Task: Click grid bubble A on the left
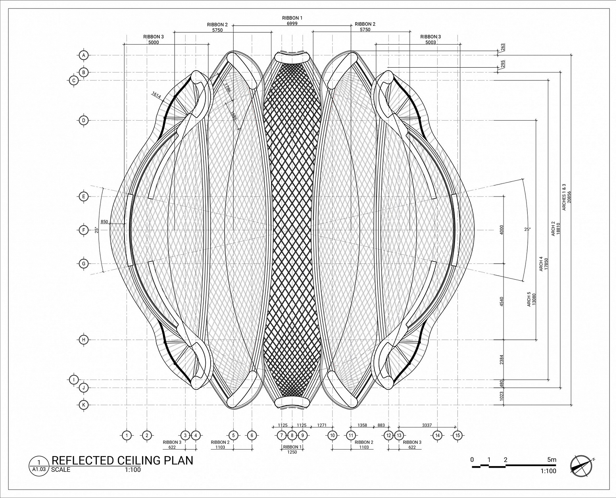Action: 84,55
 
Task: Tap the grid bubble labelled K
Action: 84,405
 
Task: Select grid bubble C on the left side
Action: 74,80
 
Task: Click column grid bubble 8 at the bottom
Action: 292,435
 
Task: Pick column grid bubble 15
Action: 457,435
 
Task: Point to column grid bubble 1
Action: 126,435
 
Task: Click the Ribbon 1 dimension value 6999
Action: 292,23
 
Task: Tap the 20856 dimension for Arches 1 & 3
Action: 569,197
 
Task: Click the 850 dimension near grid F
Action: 104,222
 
